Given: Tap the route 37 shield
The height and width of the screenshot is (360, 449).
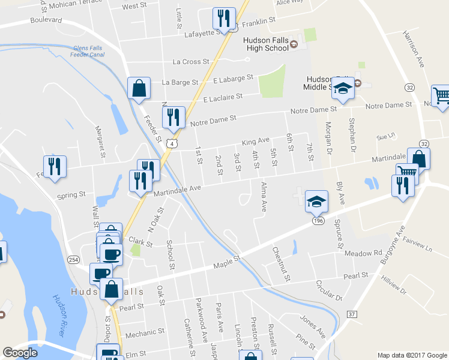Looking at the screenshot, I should (352, 314).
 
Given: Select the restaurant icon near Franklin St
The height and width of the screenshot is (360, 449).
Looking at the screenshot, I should (224, 19).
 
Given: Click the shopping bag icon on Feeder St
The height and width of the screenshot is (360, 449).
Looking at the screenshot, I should (139, 88).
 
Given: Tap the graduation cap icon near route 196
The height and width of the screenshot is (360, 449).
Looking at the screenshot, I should (316, 202).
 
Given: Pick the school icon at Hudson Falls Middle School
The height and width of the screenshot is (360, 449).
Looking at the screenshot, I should (343, 88).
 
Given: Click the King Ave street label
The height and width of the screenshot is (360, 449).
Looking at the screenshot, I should (256, 142).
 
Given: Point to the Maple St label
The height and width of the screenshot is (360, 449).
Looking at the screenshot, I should (228, 262).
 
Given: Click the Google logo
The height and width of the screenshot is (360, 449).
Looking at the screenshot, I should (20, 353).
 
